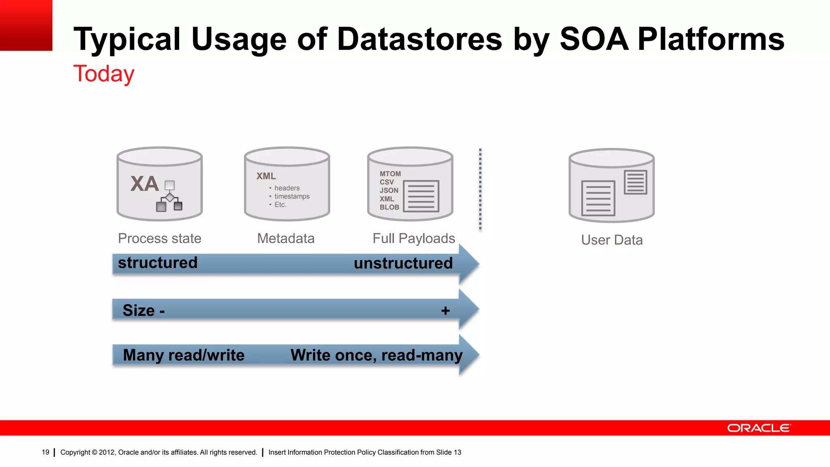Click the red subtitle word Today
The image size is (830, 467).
(x=104, y=74)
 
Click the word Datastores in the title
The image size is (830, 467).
(x=419, y=39)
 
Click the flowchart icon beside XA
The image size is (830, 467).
(x=169, y=196)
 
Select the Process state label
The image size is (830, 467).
(x=159, y=238)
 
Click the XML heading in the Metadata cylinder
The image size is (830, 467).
(x=266, y=176)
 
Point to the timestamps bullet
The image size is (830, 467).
(x=291, y=196)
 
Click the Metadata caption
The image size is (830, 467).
(x=286, y=238)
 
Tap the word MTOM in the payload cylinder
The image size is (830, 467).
(x=390, y=174)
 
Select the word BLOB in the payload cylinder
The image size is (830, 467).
(x=389, y=207)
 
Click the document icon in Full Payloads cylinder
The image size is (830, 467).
(x=421, y=196)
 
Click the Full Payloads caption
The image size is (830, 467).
(x=413, y=238)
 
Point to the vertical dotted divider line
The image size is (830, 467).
(x=480, y=189)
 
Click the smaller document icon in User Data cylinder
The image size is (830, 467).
(x=635, y=182)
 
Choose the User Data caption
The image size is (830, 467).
(x=612, y=240)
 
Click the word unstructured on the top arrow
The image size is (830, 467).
(x=403, y=263)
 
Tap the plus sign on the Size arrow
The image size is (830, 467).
(x=445, y=311)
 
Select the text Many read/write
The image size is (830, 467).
(x=184, y=355)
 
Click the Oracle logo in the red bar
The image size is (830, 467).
(x=759, y=428)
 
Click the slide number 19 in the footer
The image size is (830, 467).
(x=45, y=452)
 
